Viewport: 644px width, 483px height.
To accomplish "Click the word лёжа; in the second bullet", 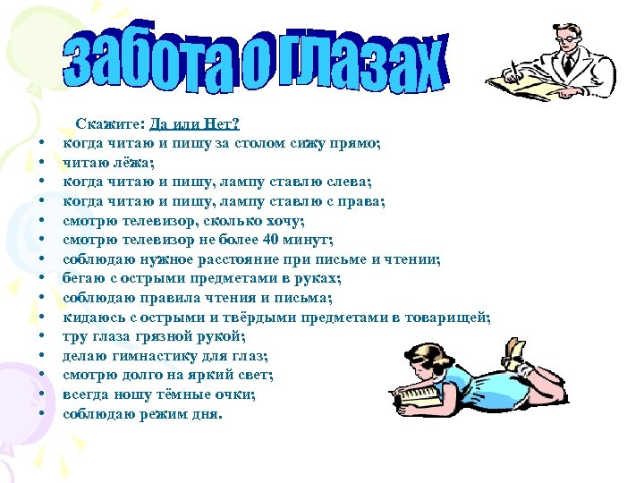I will (133, 163).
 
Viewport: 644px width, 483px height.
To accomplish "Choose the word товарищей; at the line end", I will (447, 317).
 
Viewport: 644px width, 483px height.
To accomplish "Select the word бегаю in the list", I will (83, 278).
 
